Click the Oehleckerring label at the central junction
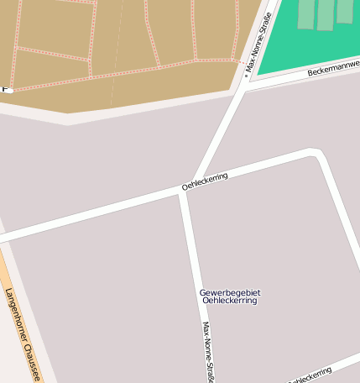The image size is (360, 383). point(205,181)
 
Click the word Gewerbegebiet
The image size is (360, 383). point(230,292)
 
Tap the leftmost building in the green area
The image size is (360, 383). point(305,13)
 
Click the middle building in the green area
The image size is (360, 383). point(326,14)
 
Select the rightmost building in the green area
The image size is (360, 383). point(345,11)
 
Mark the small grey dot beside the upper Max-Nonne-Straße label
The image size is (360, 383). point(246,76)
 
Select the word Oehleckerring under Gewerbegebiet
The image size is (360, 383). point(230,301)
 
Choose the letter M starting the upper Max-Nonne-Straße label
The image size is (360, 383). point(248,68)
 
